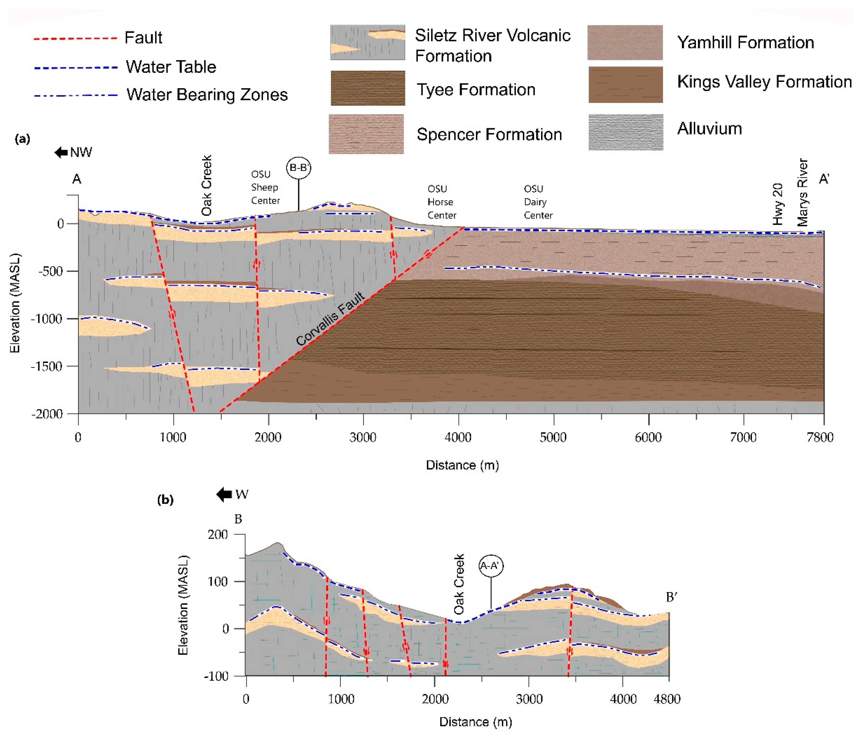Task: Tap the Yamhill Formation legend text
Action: click(x=745, y=42)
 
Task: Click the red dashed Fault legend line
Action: click(x=75, y=38)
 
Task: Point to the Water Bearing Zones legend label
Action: click(x=207, y=95)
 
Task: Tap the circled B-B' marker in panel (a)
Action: click(x=298, y=168)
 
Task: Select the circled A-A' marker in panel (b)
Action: click(x=491, y=566)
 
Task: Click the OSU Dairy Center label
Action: click(x=538, y=202)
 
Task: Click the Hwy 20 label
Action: click(x=778, y=204)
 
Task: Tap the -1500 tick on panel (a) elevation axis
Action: click(x=49, y=366)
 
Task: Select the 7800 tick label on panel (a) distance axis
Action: click(x=820, y=437)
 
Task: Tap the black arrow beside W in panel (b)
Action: click(x=224, y=494)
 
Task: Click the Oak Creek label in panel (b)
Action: click(x=459, y=584)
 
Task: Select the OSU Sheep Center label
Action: click(x=265, y=187)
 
